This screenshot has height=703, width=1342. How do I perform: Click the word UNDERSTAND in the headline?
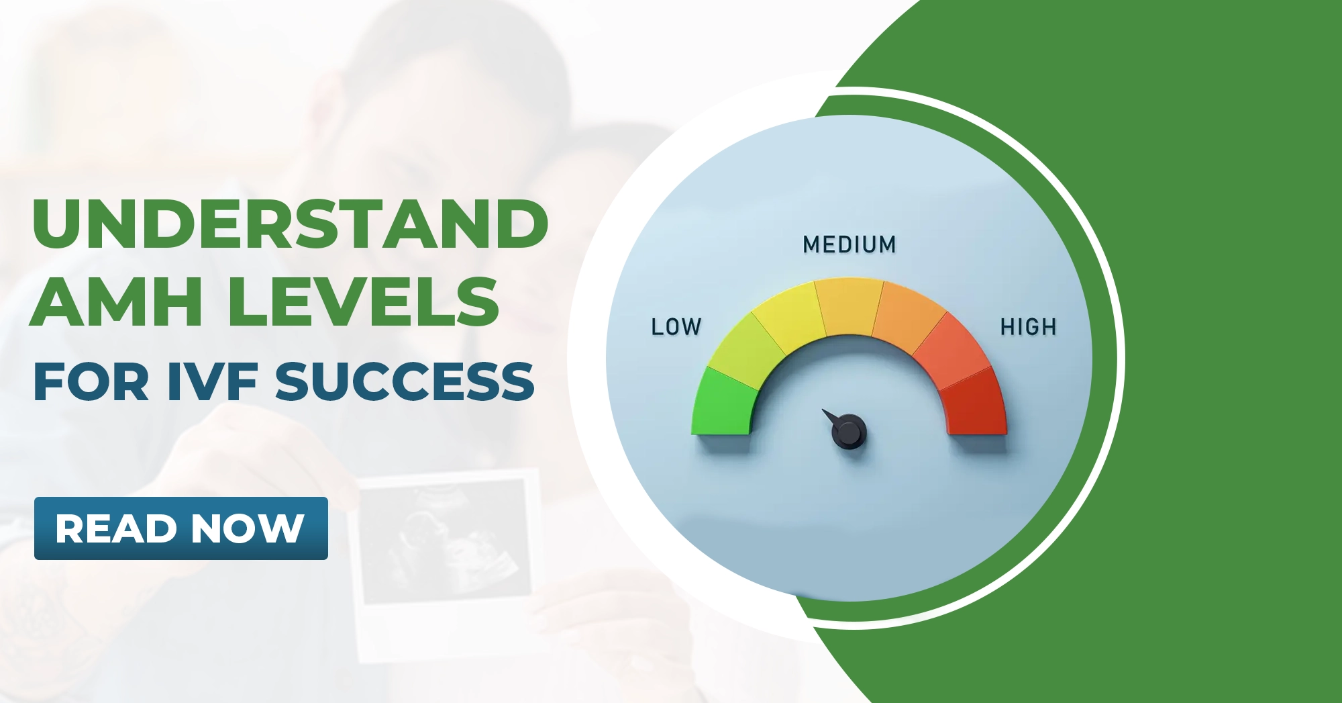tap(290, 224)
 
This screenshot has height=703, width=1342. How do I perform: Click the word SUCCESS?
tap(405, 381)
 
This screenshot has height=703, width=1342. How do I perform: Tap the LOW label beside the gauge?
tap(676, 327)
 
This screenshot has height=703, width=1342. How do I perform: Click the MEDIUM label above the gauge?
tap(849, 244)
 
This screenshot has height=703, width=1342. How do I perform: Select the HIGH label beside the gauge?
tap(1028, 327)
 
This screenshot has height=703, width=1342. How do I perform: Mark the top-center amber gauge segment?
tap(849, 306)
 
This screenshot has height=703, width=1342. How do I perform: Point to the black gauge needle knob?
tap(849, 432)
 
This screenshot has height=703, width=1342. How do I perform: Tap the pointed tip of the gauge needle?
tap(824, 410)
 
